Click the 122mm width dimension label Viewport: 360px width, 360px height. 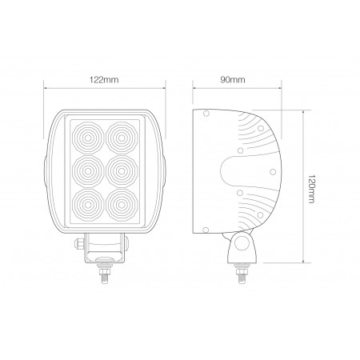pyautogui.click(x=106, y=80)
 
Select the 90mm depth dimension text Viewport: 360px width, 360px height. pyautogui.click(x=234, y=80)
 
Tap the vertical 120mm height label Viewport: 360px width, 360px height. pyautogui.click(x=310, y=189)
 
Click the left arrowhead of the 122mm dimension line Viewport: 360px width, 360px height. pyautogui.click(x=46, y=89)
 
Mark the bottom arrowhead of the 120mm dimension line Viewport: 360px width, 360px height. pyautogui.click(x=303, y=261)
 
